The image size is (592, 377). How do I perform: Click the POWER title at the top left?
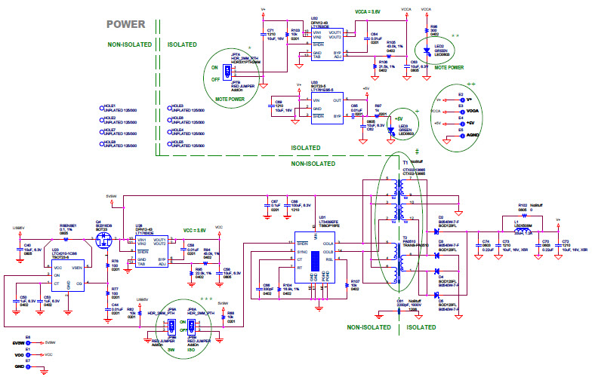(x=125, y=24)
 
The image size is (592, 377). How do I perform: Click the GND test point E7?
(x=28, y=366)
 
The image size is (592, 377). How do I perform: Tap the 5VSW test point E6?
(x=28, y=342)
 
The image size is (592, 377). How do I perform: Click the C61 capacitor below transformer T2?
(x=399, y=308)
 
